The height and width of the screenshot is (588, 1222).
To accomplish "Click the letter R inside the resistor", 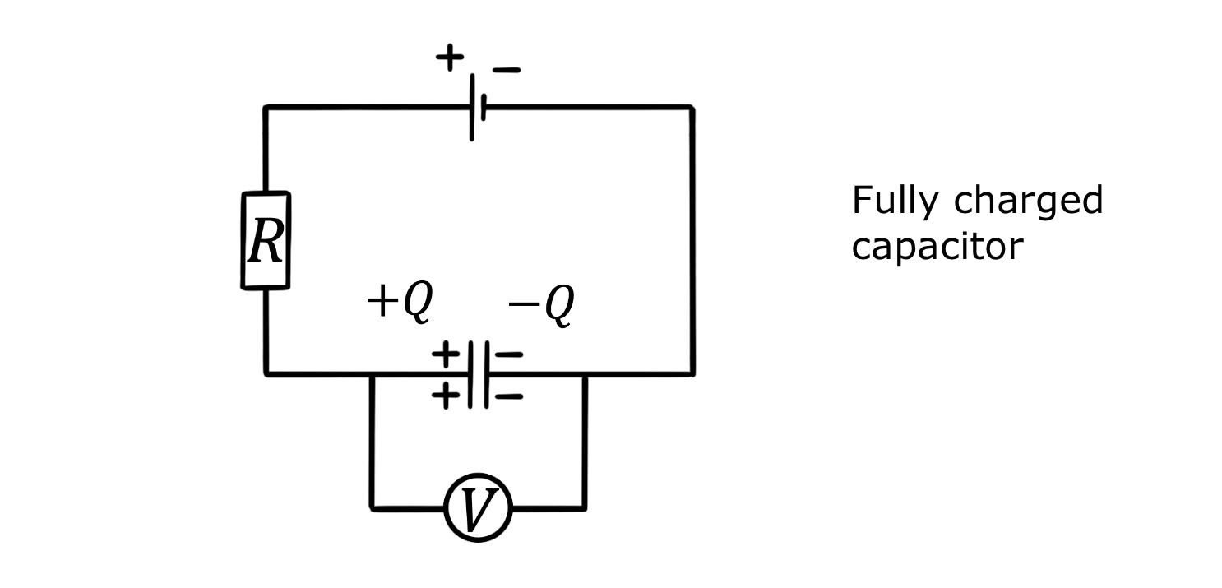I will (x=266, y=242).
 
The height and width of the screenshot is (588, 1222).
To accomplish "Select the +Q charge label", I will (x=399, y=302).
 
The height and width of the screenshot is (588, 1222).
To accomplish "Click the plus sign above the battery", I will (x=449, y=58).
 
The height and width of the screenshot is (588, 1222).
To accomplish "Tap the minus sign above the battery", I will (x=506, y=71).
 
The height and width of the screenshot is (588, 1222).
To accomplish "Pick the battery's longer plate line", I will (x=472, y=107).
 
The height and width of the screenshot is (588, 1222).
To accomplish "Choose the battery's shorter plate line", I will (x=484, y=107).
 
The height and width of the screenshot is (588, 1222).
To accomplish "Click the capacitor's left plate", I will (x=470, y=374).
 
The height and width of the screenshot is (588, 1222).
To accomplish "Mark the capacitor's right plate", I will (x=486, y=374).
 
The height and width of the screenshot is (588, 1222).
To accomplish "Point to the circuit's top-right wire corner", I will (x=692, y=107).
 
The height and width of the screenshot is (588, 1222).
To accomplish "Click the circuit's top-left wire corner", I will (x=266, y=107).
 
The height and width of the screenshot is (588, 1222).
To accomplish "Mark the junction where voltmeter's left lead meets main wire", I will (x=373, y=374).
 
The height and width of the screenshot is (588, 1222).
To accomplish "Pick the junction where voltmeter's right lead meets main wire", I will (x=585, y=374).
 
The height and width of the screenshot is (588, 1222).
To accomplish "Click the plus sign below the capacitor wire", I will (x=446, y=396).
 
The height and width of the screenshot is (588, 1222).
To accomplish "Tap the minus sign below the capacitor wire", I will (x=510, y=396).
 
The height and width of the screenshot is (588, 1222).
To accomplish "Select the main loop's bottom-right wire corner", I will (x=692, y=374).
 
